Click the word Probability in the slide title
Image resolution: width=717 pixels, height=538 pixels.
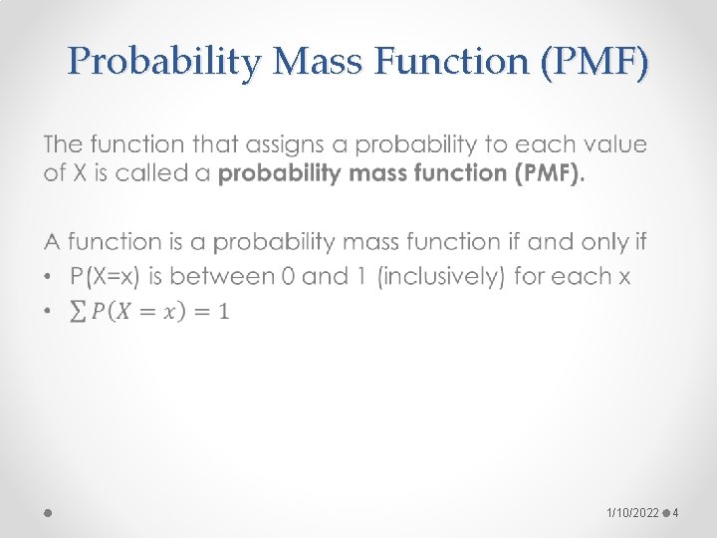point(164,63)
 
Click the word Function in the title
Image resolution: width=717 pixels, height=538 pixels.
point(455,63)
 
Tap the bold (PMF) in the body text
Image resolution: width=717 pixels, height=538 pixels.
point(547,173)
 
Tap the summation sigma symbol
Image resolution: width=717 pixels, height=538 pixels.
point(77,312)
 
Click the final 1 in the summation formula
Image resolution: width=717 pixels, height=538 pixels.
point(223,312)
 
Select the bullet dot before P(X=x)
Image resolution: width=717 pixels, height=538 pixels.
point(50,276)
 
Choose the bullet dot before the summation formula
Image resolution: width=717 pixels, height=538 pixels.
point(50,312)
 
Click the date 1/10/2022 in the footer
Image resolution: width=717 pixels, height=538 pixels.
point(632,512)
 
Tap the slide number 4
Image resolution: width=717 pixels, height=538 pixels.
point(675,512)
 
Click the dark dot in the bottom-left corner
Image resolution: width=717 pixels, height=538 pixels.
point(48,512)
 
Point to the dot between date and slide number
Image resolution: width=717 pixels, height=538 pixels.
point(664,512)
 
